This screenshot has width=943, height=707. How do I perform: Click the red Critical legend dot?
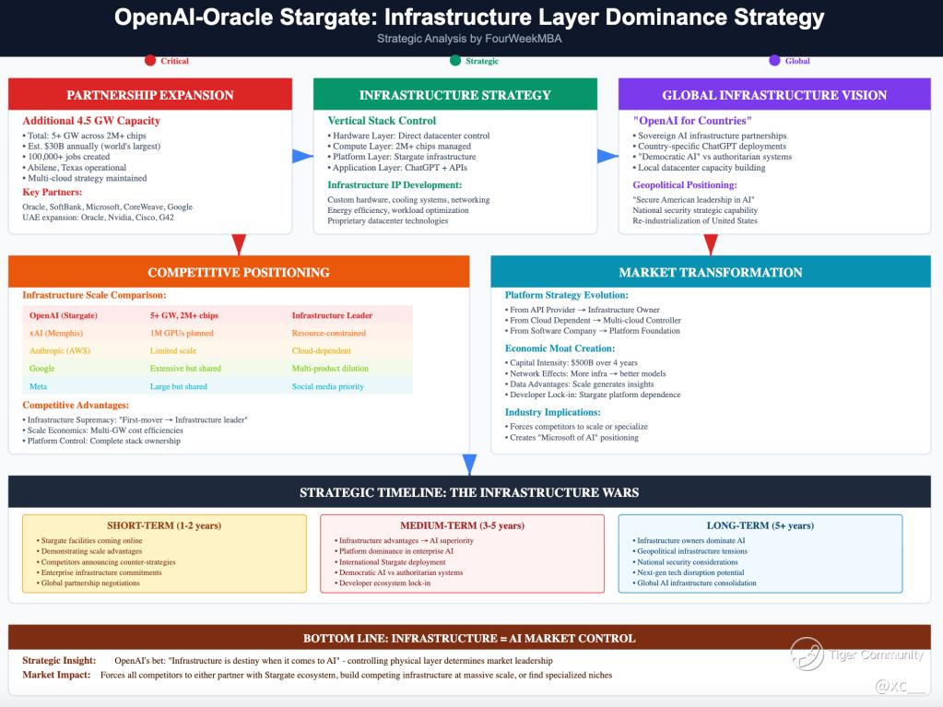[x=150, y=60]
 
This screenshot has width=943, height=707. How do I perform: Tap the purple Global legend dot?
[x=774, y=60]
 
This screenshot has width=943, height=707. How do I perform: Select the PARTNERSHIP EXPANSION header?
[x=149, y=94]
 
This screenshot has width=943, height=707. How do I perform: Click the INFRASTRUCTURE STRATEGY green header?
[x=455, y=94]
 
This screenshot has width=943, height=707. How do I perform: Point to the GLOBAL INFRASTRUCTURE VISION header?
[x=774, y=94]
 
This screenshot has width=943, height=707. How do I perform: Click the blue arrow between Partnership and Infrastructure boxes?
[x=302, y=157]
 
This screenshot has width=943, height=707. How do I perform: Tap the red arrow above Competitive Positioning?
[x=239, y=244]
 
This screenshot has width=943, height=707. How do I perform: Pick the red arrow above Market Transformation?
[x=711, y=244]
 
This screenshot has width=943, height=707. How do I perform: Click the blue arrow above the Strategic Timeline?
[x=470, y=465]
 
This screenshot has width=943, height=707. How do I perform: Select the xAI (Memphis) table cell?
[x=56, y=333]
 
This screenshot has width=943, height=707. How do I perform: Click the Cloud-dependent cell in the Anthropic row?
[x=321, y=350]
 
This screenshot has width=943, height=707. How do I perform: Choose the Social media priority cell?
[x=328, y=386]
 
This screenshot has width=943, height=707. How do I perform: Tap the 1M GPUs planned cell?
[x=182, y=333]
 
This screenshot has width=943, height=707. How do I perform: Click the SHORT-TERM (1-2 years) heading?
[x=164, y=525]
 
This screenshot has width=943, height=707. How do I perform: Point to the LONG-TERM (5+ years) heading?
[x=760, y=525]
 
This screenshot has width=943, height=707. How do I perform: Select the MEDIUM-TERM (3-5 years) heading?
[x=462, y=525]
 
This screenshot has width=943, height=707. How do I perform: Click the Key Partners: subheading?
[x=53, y=192]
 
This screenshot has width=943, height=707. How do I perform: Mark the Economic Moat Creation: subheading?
[x=560, y=348]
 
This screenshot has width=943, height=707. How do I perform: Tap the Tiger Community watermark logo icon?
[x=807, y=654]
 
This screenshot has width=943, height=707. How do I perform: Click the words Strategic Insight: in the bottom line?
[x=59, y=660]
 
